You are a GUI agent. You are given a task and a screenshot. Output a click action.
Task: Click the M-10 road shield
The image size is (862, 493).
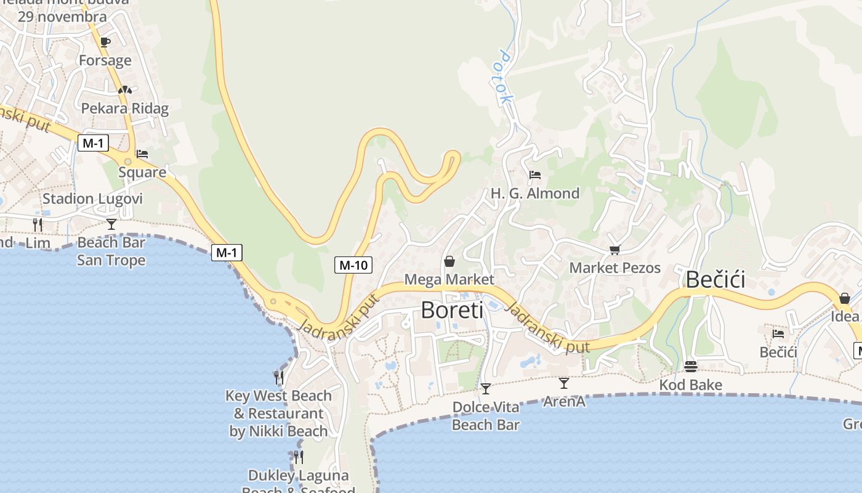(354, 266)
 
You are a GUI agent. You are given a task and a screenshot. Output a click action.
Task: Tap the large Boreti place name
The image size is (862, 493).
(452, 310)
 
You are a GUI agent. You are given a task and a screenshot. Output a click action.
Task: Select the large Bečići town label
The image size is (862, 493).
(715, 280)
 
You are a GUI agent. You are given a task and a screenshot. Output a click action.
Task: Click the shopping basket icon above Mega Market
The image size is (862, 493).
(449, 261)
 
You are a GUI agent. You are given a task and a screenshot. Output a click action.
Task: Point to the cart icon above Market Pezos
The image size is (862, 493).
(614, 250)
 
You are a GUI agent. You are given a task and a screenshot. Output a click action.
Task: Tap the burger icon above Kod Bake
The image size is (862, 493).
(690, 367)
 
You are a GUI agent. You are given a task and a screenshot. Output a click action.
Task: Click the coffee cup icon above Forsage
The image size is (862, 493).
(105, 42)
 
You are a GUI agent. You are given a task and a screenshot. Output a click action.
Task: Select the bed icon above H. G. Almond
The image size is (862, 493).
(534, 175)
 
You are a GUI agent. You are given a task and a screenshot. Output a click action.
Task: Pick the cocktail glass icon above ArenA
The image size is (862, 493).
(564, 383)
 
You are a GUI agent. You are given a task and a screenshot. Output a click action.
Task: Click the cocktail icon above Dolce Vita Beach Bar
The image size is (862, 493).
(486, 388)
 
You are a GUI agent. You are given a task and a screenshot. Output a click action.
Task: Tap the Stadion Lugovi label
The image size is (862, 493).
(92, 199)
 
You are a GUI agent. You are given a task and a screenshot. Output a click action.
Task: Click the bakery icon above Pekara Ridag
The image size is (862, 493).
(125, 90)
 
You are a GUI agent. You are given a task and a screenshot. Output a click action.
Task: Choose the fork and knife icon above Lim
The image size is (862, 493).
(38, 224)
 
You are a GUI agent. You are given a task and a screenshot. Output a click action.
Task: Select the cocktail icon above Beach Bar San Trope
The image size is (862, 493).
(111, 224)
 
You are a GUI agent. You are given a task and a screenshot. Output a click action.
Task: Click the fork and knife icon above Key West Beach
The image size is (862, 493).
(279, 377)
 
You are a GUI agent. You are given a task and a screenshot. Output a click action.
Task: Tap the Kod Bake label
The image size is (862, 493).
(690, 385)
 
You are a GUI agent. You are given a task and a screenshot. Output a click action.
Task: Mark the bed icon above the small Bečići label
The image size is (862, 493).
(778, 334)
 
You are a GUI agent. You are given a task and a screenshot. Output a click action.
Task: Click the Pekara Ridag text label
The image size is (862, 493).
(125, 108)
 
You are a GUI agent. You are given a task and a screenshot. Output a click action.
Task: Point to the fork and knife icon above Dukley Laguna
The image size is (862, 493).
(299, 457)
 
